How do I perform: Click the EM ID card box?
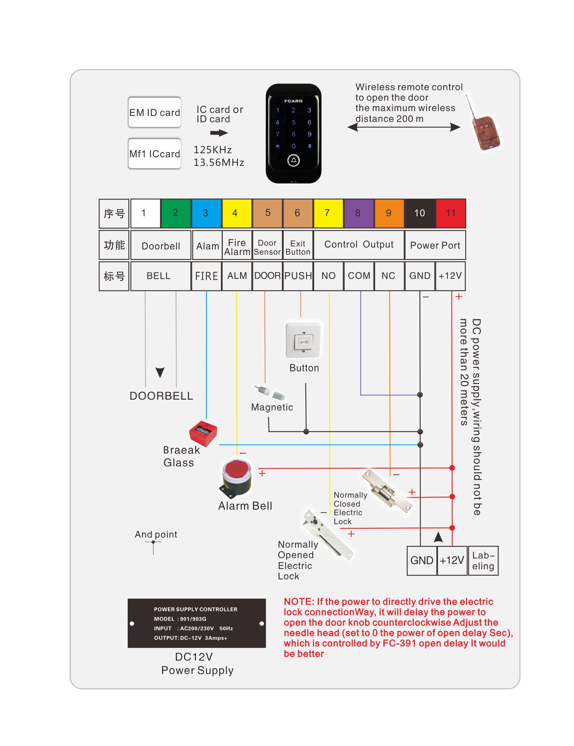click(155, 112)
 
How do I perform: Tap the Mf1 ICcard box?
click(155, 154)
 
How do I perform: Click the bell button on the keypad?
click(294, 160)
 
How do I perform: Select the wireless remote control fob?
click(485, 132)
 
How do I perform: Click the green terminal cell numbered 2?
click(175, 213)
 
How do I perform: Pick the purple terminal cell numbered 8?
click(358, 213)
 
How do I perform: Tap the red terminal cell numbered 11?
click(451, 213)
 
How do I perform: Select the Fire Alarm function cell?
click(237, 246)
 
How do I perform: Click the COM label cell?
click(359, 276)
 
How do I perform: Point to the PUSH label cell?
click(298, 276)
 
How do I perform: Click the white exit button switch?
click(303, 340)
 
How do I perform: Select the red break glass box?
click(203, 433)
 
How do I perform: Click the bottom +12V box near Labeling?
click(452, 560)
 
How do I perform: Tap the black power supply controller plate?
click(197, 623)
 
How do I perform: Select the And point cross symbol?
click(153, 542)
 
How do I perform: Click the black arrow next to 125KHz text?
click(219, 133)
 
